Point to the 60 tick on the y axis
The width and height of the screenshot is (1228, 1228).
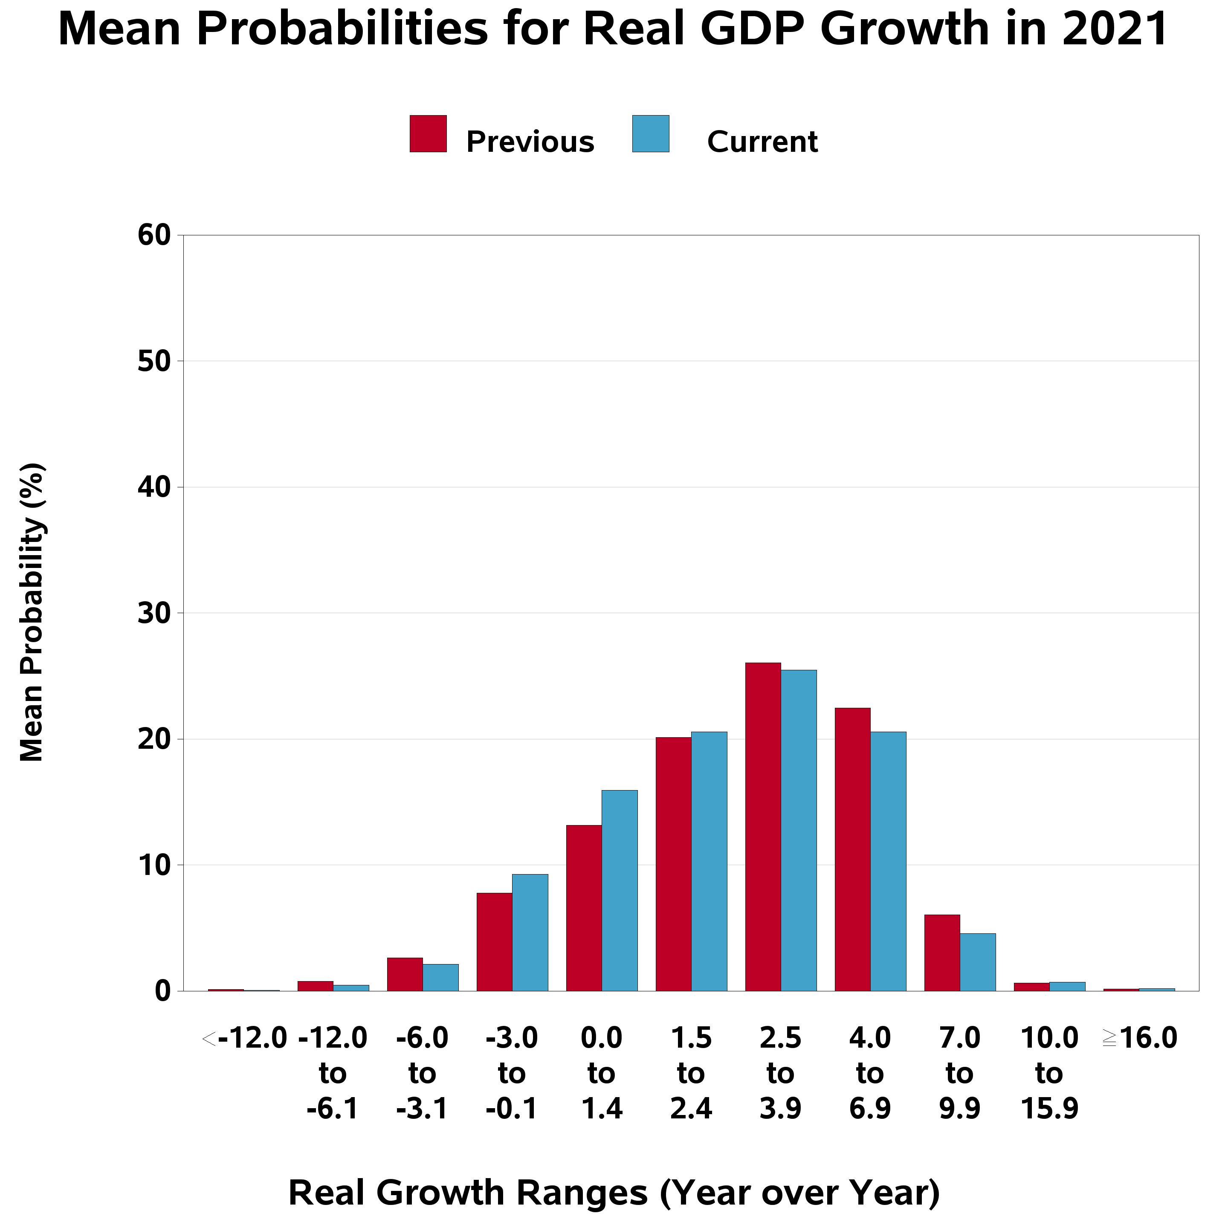click(154, 236)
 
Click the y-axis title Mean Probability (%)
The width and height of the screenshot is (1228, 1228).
click(32, 614)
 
